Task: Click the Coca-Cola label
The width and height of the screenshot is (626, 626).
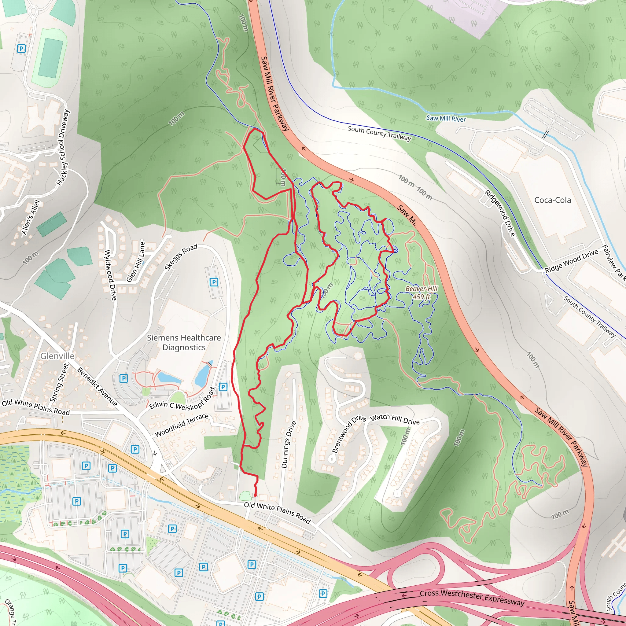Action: [x=552, y=200]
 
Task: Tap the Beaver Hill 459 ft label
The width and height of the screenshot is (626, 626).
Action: [x=421, y=293]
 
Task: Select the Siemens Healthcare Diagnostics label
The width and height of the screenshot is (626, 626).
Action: [x=184, y=342]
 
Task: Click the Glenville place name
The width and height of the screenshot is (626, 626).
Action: [x=57, y=356]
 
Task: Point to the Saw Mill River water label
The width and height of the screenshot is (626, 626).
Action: [x=446, y=119]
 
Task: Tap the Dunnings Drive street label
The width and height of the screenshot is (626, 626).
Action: [x=288, y=444]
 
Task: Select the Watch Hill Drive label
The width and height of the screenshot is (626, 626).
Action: [x=395, y=420]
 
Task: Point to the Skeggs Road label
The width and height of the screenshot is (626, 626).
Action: [x=181, y=257]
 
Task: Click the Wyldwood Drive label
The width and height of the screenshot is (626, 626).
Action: [x=110, y=275]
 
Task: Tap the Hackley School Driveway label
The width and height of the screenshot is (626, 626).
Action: [x=63, y=147]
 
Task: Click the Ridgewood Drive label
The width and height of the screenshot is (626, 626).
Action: [x=500, y=213]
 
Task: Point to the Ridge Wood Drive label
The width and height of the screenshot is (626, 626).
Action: [x=571, y=261]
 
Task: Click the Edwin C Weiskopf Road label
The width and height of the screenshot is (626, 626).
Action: [x=182, y=399]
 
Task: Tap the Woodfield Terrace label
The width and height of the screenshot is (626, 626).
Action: [x=182, y=425]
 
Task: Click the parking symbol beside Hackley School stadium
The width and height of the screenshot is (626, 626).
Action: [x=21, y=49]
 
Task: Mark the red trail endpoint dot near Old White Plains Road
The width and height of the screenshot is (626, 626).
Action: [x=255, y=495]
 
